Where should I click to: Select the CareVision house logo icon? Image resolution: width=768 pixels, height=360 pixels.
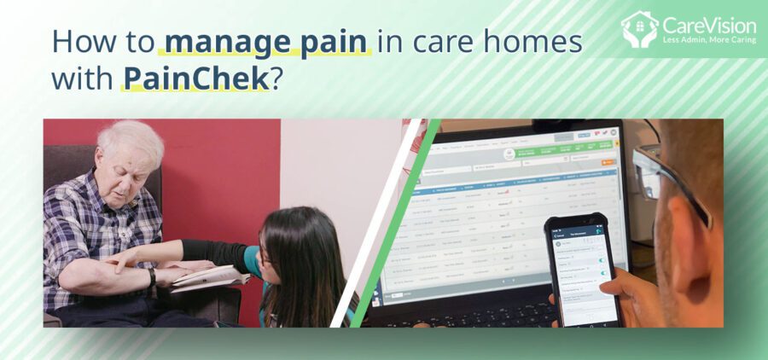pyautogui.click(x=639, y=28)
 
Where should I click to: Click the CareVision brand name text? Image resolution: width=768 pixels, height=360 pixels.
pyautogui.click(x=709, y=25)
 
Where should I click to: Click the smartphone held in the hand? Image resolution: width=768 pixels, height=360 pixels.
pyautogui.click(x=583, y=268)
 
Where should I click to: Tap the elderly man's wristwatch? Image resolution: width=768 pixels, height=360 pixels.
pyautogui.click(x=152, y=278)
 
